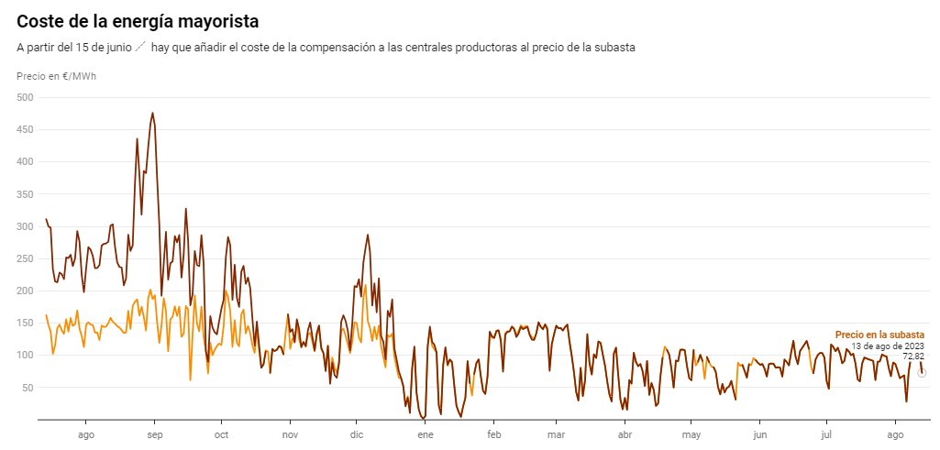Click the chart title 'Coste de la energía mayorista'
coord(138,21)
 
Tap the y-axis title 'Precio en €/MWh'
coord(56,76)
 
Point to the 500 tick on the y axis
coord(25,97)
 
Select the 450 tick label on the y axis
coord(25,129)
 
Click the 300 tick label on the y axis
coord(25,226)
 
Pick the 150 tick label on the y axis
coord(25,324)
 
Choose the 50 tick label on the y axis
coord(28,388)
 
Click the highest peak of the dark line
coord(152,113)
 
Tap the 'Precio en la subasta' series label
coord(879,335)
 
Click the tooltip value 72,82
coord(913,357)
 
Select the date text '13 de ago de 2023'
coord(888,346)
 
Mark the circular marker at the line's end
coord(922,373)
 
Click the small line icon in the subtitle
coord(140,47)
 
